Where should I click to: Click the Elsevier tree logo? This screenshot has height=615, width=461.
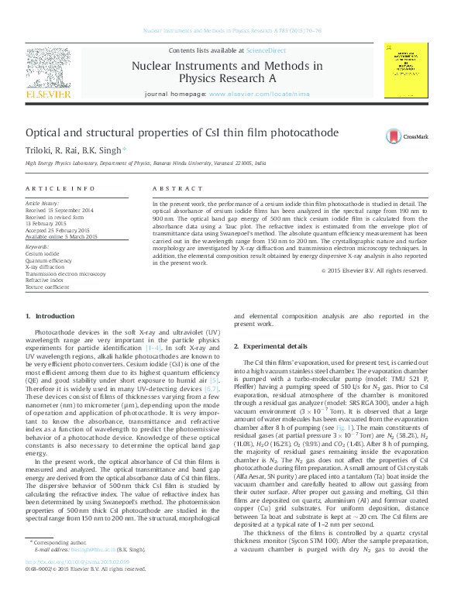[x=53, y=74]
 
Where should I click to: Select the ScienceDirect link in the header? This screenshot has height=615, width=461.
[x=262, y=49]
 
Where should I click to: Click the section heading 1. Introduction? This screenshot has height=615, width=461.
[x=50, y=338]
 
